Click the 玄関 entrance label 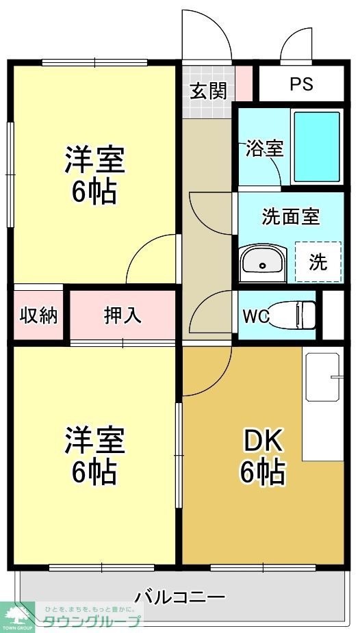coord(208,90)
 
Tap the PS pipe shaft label coord(301,83)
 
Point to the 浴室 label coord(265,148)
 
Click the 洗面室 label coord(291,216)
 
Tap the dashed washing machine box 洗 coord(318,261)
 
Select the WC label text coord(255,316)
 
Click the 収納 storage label coord(38,315)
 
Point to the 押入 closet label coord(123,315)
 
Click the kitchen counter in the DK coord(322,407)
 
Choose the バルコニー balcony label coord(179,597)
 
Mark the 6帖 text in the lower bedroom coord(94,471)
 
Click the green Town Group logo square coord(17,617)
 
